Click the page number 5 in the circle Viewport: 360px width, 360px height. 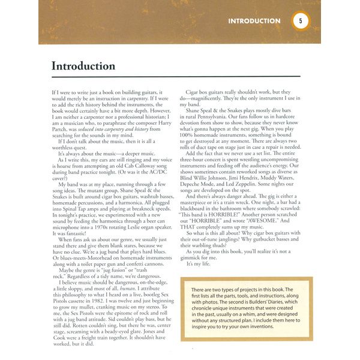[x=301, y=20]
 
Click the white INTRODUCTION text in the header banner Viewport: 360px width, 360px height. [x=254, y=21]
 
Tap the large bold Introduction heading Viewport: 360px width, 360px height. [x=83, y=66]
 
